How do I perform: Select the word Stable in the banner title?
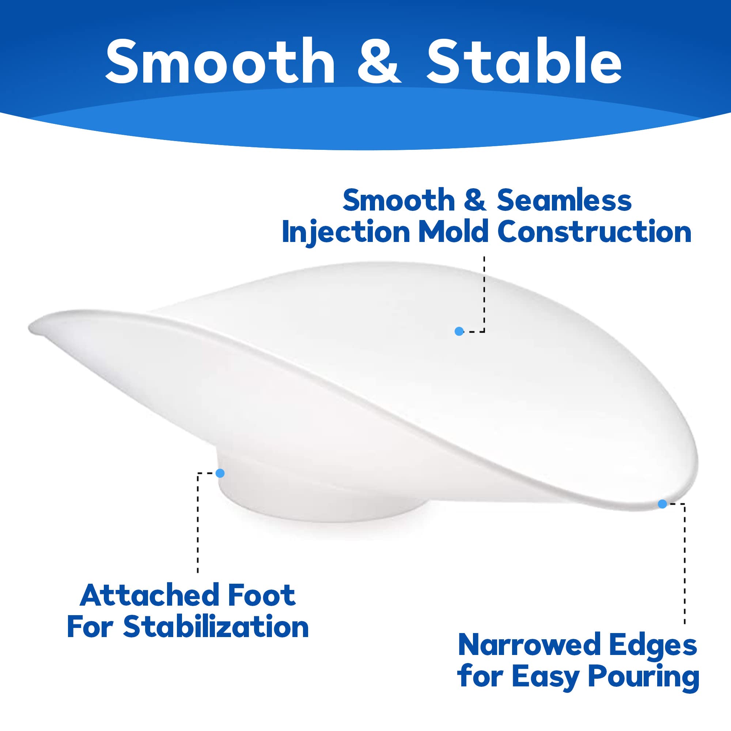(x=524, y=61)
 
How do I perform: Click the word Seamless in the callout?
(x=564, y=201)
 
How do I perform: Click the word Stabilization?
(x=216, y=627)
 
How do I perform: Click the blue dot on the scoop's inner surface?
(x=459, y=332)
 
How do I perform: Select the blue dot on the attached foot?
(x=220, y=473)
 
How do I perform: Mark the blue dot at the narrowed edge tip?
(x=662, y=504)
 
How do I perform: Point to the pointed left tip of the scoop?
(x=32, y=329)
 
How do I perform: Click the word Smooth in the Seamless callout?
(x=399, y=201)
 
